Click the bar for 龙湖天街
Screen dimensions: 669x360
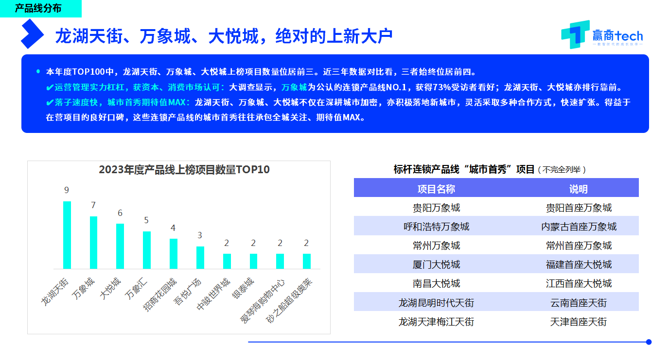(67, 235)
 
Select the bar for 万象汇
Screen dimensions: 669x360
(147, 250)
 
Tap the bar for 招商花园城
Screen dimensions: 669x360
(174, 254)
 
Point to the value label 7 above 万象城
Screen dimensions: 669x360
(93, 205)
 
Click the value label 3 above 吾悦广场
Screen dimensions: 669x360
(200, 235)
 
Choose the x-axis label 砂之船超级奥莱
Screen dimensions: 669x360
(289, 301)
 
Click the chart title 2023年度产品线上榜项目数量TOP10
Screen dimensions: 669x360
(184, 170)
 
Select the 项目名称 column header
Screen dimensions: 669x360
(436, 189)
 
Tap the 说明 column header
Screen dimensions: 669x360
(578, 189)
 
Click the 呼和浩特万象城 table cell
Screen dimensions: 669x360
(436, 227)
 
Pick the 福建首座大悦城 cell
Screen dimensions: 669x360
(579, 264)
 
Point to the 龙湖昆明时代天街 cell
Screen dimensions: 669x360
(436, 303)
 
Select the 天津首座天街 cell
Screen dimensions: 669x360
(578, 322)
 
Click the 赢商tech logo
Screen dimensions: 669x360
(602, 34)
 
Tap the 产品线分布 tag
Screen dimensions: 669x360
(38, 8)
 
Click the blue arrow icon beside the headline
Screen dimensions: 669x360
(32, 33)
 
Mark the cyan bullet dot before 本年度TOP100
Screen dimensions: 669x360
(38, 71)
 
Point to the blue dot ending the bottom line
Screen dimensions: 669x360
(649, 342)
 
